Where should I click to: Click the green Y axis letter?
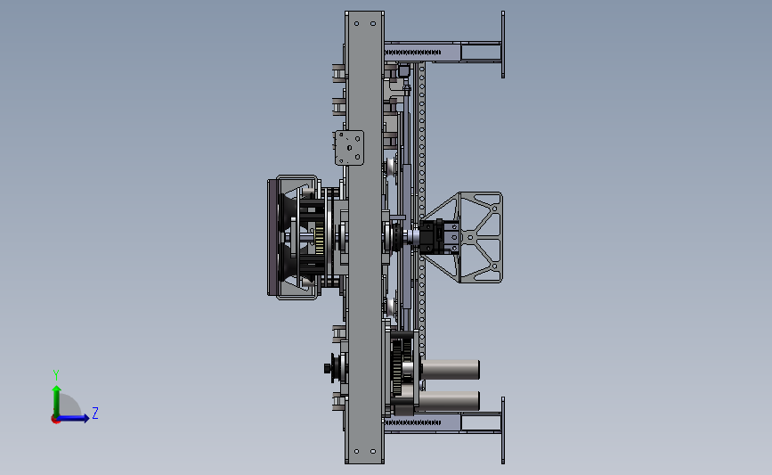(x=56, y=375)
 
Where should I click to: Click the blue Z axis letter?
(x=95, y=413)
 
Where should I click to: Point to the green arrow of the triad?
(x=57, y=402)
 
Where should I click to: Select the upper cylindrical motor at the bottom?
(x=451, y=370)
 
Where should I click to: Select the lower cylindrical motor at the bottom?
(x=449, y=401)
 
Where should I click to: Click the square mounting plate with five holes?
(x=349, y=148)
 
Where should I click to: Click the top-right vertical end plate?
(x=503, y=45)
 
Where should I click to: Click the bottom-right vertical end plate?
(x=503, y=430)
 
